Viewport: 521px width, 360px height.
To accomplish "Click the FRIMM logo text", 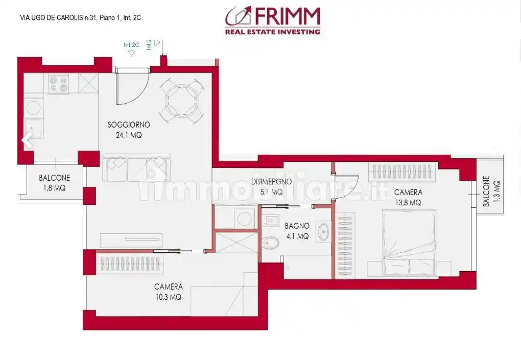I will pos(286,17).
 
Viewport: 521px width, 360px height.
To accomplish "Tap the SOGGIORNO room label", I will pos(129,125).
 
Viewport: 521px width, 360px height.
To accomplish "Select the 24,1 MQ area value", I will pos(129,135).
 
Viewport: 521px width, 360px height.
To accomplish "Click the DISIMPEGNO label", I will pos(271,182).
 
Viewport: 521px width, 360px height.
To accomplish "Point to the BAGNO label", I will pos(297,225).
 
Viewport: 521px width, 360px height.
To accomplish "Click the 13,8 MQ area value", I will pos(408,203).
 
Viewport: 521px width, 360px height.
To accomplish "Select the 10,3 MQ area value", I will pos(168,297).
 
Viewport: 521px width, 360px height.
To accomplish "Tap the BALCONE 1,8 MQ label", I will pos(54,183).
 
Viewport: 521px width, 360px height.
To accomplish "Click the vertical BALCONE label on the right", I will pos(486,191).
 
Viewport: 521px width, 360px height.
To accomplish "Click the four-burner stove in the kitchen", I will pos(59,84).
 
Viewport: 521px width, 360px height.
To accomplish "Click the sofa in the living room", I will pos(136,169).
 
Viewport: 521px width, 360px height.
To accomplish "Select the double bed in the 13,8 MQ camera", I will pos(409,243).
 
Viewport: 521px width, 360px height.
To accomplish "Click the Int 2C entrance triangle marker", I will pos(131,53).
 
